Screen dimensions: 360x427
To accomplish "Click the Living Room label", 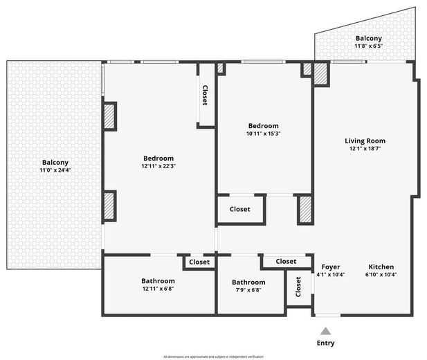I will point(365,141).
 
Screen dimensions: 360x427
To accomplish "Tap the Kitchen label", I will point(381,267).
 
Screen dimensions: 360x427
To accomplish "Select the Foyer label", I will point(330,267).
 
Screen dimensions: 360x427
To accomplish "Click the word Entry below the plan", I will point(325,343).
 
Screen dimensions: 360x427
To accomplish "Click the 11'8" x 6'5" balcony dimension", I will point(368,46).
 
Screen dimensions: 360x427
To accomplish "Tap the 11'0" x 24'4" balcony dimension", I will point(55,170).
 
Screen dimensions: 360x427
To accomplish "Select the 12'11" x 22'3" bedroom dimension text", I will point(158,165).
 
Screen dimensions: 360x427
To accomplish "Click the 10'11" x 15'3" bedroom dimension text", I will point(263,133).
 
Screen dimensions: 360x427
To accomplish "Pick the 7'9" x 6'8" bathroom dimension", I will point(248,289).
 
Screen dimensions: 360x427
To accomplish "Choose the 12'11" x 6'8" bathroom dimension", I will point(158,289).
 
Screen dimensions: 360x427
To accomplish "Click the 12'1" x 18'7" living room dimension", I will point(365,148).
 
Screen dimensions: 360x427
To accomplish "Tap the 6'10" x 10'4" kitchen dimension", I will point(381,274).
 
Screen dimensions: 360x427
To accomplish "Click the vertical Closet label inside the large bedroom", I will point(205,95).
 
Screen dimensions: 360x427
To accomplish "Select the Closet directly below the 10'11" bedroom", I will point(239,209).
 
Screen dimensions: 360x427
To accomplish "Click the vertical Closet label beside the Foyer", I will point(298,287).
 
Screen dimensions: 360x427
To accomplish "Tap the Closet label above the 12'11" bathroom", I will point(199,262).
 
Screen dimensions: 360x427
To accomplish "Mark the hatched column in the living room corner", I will point(321,74).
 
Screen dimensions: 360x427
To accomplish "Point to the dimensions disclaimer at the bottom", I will point(213,357).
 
